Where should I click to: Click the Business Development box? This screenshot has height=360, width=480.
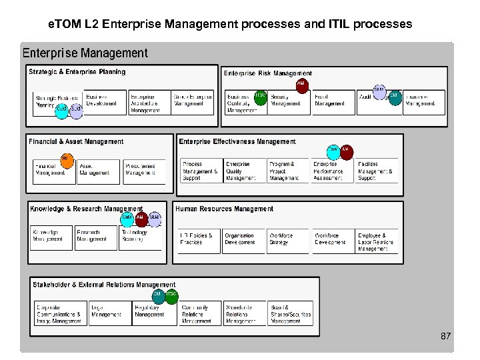pos(105,102)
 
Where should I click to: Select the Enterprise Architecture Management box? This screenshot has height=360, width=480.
pos(149,103)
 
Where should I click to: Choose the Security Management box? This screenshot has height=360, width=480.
pos(289,102)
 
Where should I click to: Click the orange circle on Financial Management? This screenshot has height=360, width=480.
pos(66,160)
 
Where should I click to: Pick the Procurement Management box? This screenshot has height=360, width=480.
pos(143,171)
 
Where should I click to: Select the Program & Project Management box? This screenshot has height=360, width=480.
pos(288,171)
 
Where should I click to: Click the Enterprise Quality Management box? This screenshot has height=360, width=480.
pos(243,171)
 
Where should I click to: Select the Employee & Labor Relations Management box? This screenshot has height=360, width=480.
pos(377,241)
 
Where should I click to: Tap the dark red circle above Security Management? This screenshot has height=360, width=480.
pos(301,85)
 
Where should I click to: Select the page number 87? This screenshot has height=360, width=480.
pos(446,337)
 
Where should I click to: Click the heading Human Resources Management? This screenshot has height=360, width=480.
pos(224,209)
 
